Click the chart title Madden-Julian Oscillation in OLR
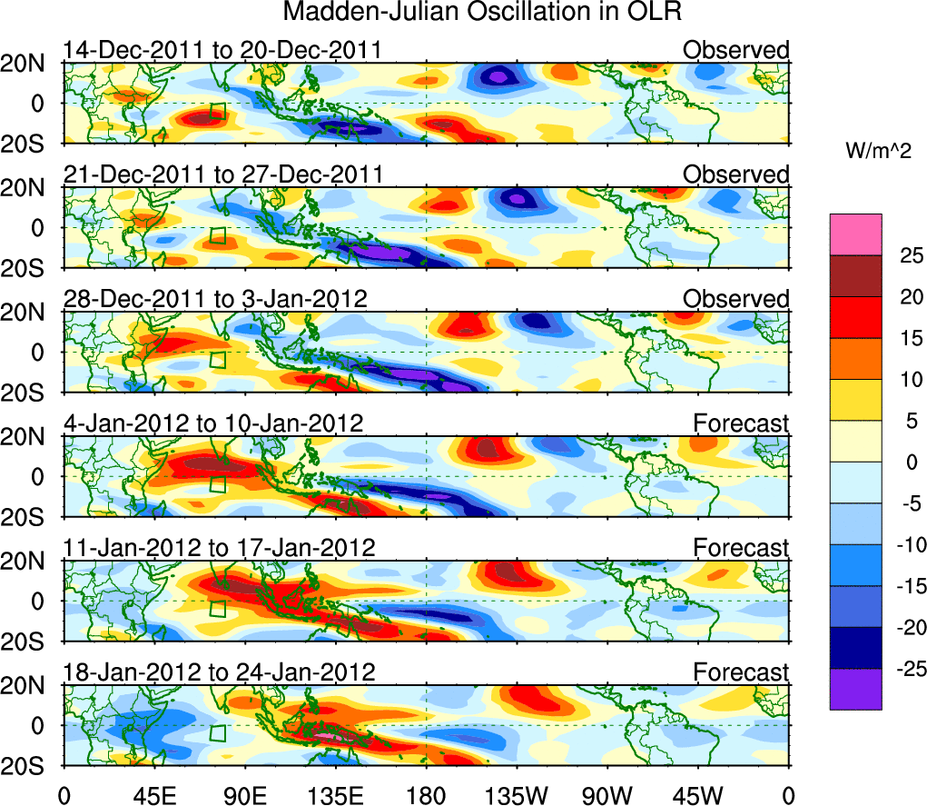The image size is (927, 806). (x=482, y=13)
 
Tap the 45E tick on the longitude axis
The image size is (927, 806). (x=154, y=795)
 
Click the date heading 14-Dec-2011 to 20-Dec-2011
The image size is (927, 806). (x=222, y=50)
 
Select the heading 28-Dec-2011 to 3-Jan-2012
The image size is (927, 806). (x=215, y=299)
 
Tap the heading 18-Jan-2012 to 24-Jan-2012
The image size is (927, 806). (x=219, y=672)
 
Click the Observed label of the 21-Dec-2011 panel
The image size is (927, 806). (x=736, y=174)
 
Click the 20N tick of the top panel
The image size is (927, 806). (x=30, y=64)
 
